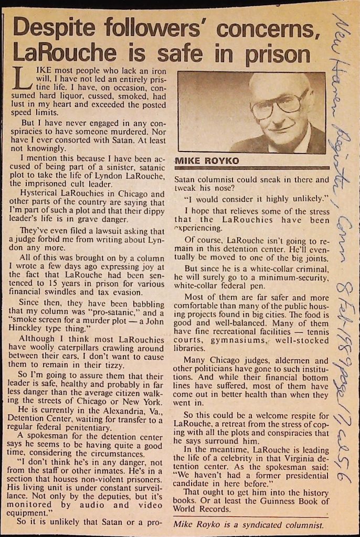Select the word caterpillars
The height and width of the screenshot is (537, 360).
[76, 348]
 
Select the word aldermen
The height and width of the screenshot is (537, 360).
[298, 361]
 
